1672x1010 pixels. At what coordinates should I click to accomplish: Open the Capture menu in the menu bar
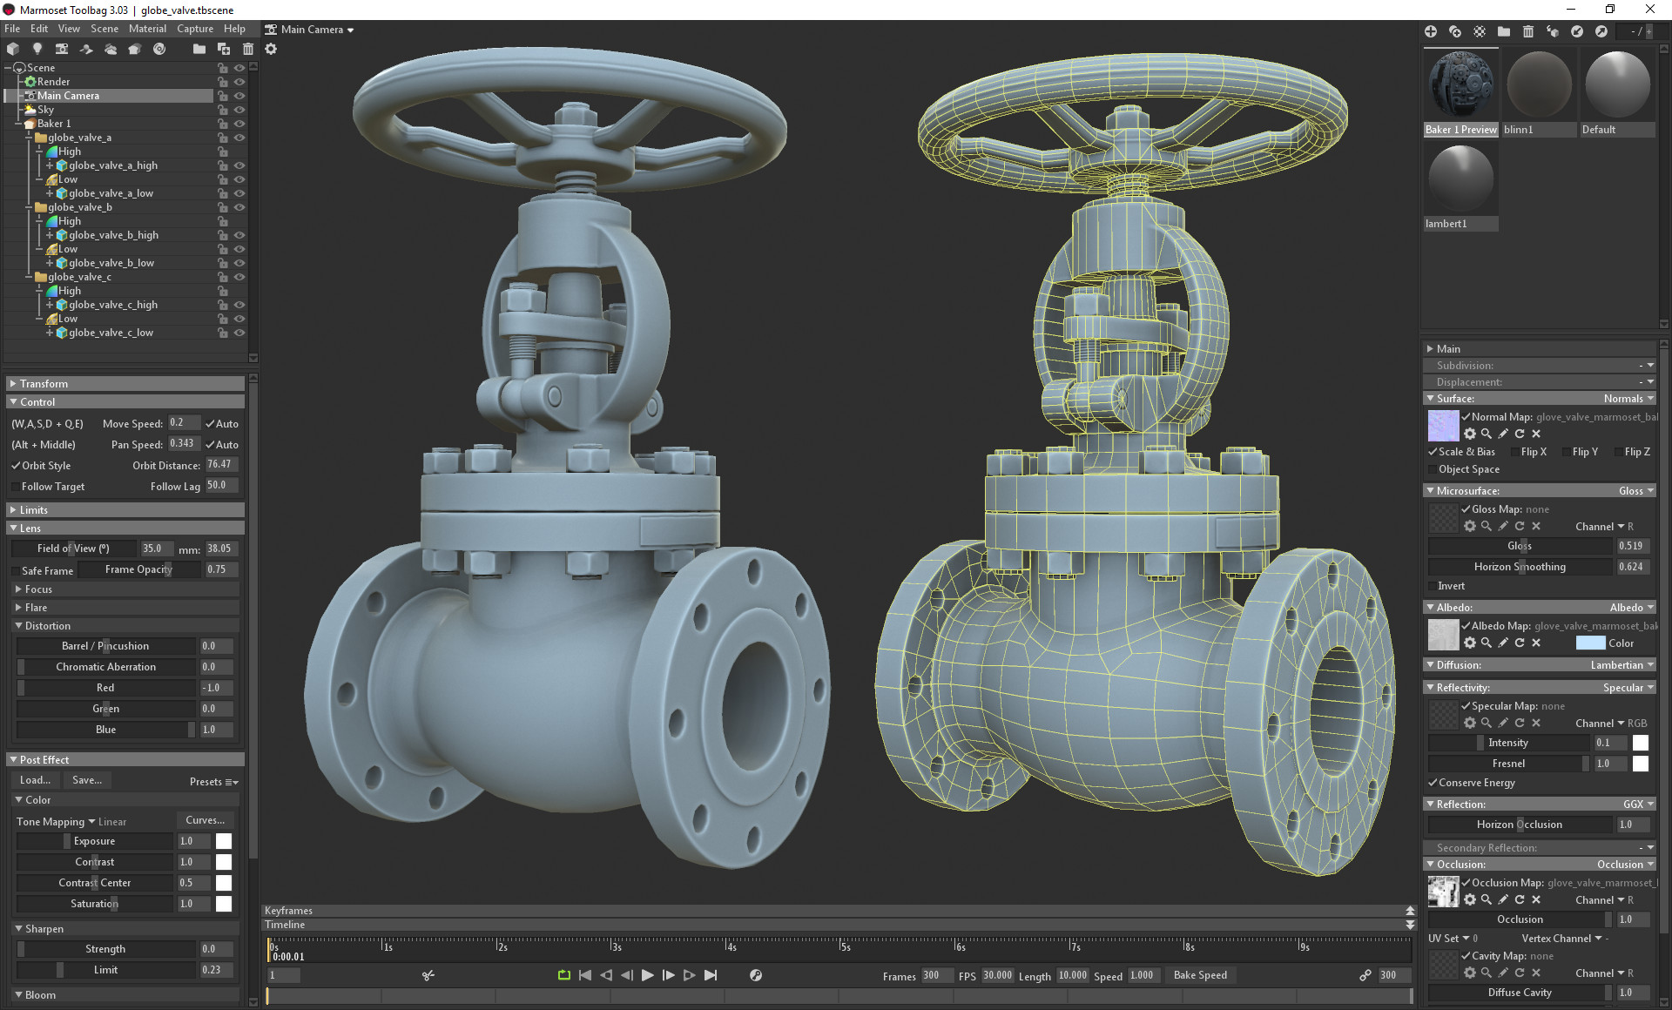pos(195,29)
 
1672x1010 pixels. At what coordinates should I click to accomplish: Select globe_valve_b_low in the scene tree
pos(111,263)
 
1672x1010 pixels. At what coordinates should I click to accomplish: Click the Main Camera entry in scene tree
pos(68,96)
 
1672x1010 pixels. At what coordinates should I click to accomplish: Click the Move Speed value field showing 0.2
pos(183,423)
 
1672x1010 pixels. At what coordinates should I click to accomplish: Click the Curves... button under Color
pos(206,820)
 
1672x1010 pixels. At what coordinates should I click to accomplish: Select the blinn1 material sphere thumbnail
pos(1539,85)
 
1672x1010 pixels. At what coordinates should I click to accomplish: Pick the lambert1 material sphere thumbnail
pos(1460,179)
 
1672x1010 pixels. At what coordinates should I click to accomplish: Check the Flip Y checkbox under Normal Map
pos(1567,452)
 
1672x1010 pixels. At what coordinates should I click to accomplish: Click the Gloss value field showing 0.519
pos(1630,546)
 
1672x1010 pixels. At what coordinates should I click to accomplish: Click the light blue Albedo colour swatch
pos(1590,643)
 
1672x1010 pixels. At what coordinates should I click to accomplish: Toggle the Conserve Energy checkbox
pos(1433,783)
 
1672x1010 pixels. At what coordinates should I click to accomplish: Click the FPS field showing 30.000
pos(997,975)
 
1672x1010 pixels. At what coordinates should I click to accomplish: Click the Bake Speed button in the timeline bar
pos(1200,975)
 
